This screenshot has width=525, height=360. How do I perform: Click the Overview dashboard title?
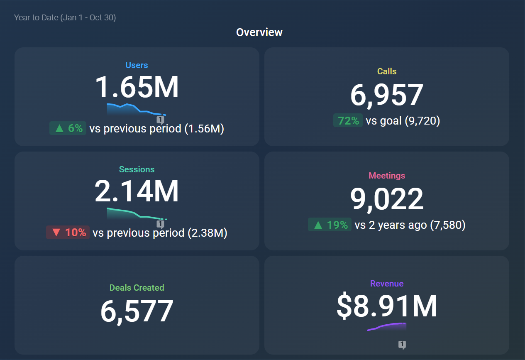coord(259,32)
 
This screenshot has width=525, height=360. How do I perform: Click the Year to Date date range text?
coord(65,17)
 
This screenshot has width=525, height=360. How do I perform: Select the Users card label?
coord(137,65)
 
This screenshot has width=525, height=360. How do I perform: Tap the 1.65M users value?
coord(137,87)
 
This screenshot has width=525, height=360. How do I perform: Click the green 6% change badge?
coord(68,128)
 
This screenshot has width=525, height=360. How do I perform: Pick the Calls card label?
coord(387,71)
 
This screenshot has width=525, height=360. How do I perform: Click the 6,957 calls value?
coord(387,95)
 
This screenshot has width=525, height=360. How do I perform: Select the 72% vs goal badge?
coord(348,121)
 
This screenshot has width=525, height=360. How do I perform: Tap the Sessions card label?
coord(137,169)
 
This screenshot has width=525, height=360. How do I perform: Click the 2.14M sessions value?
coord(137,191)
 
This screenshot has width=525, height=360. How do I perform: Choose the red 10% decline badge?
coord(68,233)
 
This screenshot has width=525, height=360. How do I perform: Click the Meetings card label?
coord(387,176)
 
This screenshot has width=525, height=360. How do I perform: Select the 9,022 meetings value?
coord(387,199)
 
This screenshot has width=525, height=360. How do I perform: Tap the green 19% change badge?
coord(330,225)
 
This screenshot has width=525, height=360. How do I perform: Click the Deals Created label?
coord(137,287)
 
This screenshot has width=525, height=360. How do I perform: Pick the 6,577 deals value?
coord(137,311)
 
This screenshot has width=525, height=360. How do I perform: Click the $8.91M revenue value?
coord(387,306)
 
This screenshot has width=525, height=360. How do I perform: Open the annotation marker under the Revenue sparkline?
coord(402,345)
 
